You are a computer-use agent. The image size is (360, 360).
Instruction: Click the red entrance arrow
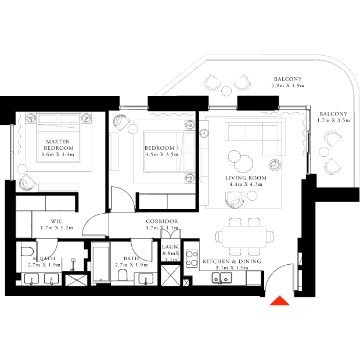(x=279, y=301)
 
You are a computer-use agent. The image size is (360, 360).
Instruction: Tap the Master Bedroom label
(x=57, y=145)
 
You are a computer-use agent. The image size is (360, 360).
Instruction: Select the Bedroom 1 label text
(x=161, y=148)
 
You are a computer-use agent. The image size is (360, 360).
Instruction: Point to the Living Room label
(x=246, y=178)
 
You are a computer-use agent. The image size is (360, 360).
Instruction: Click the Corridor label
(x=162, y=221)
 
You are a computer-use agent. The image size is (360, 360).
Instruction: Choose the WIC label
(x=56, y=221)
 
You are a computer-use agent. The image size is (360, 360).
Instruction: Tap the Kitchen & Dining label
(x=232, y=261)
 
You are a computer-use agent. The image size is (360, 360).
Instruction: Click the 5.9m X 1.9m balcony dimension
(x=288, y=85)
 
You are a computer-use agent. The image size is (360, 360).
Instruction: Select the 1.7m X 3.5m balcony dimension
(x=334, y=120)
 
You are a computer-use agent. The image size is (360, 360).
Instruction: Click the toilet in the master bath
(x=27, y=251)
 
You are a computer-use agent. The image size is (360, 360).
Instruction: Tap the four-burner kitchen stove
(x=192, y=258)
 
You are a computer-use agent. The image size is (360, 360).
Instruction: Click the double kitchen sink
(x=222, y=278)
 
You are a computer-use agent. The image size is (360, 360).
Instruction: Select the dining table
(x=244, y=236)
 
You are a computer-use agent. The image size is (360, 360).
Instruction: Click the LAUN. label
(x=171, y=247)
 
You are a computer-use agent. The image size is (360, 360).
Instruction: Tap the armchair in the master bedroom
(x=27, y=182)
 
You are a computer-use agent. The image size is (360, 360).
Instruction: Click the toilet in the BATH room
(x=123, y=275)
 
